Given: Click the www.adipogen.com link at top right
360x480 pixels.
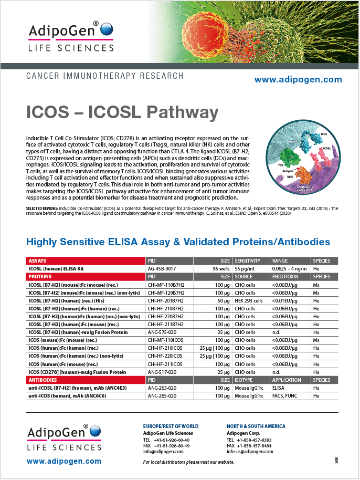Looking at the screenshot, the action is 298,80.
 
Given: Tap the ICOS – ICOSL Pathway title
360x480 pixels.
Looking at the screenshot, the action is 122,112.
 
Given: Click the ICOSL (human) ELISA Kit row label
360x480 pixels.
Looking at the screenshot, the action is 57,268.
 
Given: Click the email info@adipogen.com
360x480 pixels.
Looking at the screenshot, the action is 163,451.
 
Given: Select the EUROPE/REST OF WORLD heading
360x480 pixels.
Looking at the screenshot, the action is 171,426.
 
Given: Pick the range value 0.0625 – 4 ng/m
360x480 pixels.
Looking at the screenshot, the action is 289,268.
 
